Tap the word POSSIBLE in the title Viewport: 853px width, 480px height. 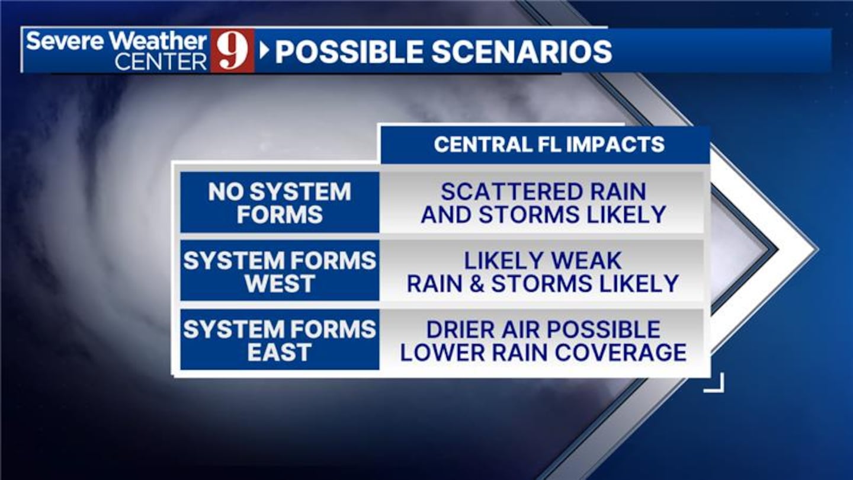(349, 52)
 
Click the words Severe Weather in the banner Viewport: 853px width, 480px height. (117, 41)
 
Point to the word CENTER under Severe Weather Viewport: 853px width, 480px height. (161, 62)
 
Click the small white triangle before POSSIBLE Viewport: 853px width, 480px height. (264, 51)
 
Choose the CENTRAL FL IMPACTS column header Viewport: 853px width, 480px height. (549, 145)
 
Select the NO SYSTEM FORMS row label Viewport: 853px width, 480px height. (280, 203)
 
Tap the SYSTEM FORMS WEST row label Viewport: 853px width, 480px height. (280, 271)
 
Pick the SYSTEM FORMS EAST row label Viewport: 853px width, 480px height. (280, 341)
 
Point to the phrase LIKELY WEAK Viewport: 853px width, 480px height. (543, 261)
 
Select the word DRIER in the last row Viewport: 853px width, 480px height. (461, 329)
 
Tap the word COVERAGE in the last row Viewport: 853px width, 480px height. (621, 353)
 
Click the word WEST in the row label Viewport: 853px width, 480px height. (280, 283)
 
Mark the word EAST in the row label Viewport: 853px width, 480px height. (280, 353)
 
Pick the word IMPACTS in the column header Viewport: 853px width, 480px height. (615, 145)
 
